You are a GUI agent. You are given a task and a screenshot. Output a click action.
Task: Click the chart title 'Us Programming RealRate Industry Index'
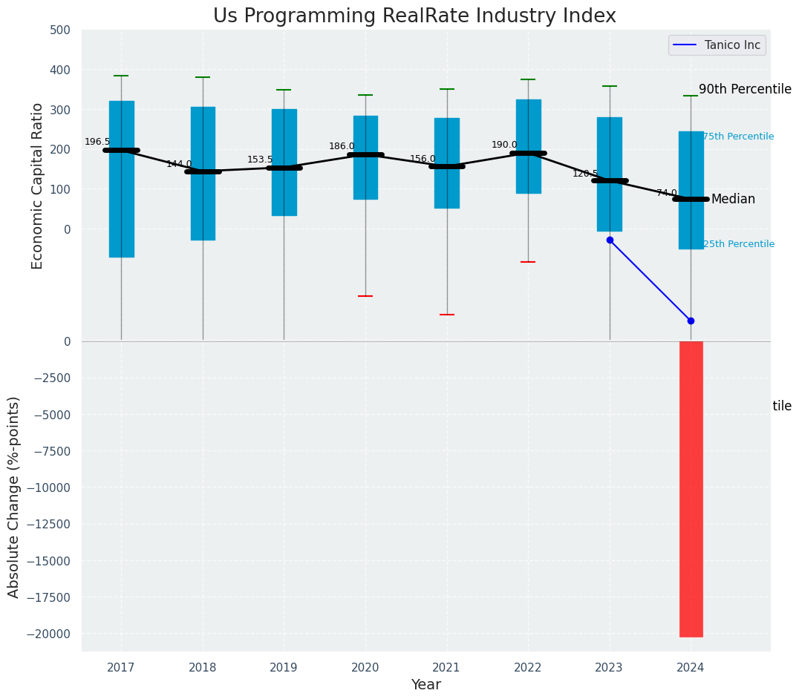point(414,16)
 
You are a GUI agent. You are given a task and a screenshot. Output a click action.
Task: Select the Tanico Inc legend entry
point(717,45)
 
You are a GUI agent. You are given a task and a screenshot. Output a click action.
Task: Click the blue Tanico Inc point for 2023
point(610,240)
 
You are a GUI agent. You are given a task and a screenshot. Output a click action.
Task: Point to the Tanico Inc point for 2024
point(691,321)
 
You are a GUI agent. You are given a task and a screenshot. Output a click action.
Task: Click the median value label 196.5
point(97,142)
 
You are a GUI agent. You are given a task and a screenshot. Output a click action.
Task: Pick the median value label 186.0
point(342,146)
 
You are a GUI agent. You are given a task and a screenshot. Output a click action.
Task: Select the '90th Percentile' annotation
point(745,89)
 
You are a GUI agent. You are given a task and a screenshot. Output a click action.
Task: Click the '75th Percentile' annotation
point(738,137)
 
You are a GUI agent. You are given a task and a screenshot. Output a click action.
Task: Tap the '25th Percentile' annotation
point(738,244)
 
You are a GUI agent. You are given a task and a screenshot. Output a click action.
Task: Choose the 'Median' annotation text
point(733,199)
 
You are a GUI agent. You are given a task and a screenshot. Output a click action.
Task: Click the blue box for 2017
point(121,179)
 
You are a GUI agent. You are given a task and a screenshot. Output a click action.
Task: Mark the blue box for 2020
point(365,157)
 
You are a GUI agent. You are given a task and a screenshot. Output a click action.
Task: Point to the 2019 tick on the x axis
point(284,668)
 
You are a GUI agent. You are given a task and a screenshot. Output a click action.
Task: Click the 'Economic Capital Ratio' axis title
point(38,186)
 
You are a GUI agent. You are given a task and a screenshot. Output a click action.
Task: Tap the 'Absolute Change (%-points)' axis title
point(14,496)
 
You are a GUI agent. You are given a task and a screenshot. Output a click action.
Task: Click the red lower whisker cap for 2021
point(447,315)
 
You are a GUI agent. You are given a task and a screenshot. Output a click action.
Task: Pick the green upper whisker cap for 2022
point(528,79)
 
